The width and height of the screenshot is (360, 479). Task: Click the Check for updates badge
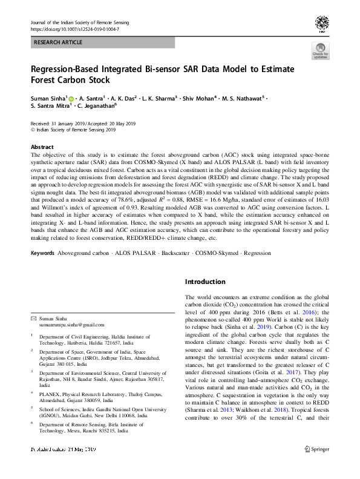click(x=320, y=51)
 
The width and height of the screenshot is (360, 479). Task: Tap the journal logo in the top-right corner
click(x=321, y=24)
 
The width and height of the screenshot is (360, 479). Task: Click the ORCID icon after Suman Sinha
click(x=70, y=98)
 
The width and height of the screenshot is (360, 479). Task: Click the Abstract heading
click(x=42, y=147)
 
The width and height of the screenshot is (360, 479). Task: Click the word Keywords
click(x=42, y=252)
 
